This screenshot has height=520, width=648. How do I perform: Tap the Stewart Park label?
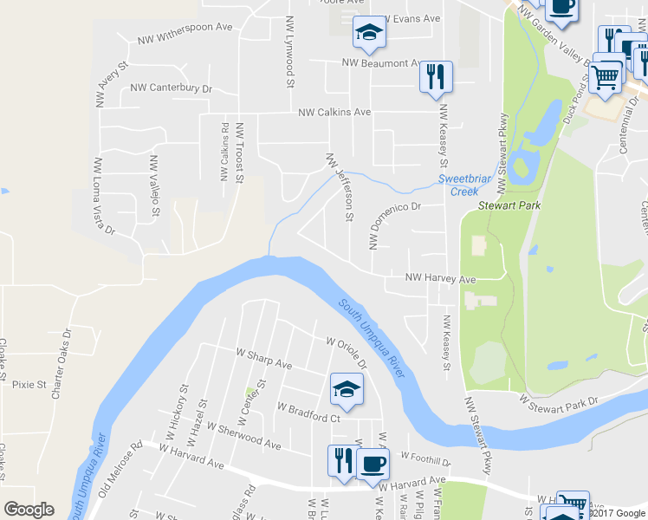point(510,207)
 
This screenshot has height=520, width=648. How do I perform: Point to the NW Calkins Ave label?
point(334,113)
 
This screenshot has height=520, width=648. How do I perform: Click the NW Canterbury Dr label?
point(171,88)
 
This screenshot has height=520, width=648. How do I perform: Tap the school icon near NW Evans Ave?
point(369,34)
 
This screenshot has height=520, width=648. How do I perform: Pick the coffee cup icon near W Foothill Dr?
point(373,463)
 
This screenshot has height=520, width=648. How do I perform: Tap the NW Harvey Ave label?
point(441,279)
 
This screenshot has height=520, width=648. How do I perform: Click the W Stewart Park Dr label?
point(559,402)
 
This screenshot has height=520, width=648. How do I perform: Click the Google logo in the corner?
point(29,510)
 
